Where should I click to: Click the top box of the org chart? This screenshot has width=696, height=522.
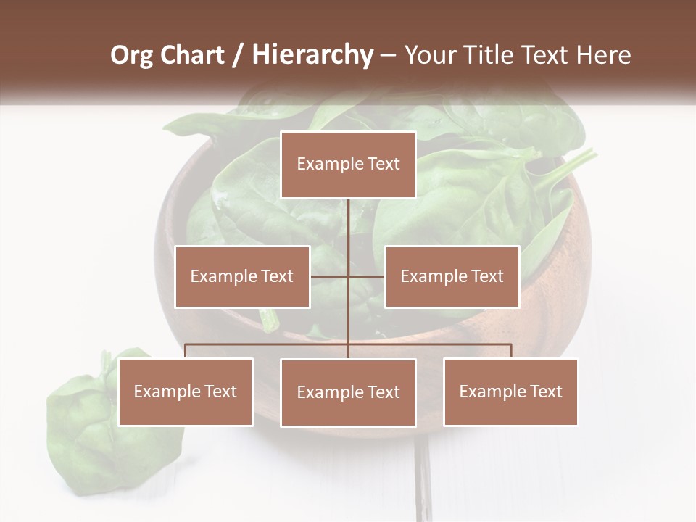348,165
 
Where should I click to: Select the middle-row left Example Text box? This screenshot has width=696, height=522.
242,276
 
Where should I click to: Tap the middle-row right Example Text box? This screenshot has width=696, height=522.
452,276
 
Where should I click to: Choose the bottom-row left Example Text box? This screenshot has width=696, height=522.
186,391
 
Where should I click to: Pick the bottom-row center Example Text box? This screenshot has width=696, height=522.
348,392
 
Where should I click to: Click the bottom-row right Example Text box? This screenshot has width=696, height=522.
510,391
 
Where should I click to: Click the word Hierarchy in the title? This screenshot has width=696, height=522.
312,55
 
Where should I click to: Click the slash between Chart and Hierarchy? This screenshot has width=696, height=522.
237,55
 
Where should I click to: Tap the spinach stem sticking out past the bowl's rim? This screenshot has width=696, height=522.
573,163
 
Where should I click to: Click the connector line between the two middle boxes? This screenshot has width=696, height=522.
348,276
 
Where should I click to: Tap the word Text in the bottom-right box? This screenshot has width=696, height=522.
546,391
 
